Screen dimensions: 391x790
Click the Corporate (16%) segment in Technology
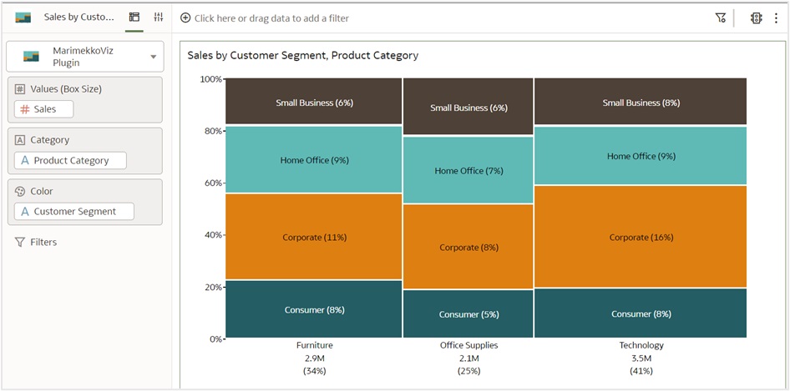(641, 237)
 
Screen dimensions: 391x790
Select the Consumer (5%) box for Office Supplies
(468, 314)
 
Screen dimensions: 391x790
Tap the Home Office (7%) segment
(468, 171)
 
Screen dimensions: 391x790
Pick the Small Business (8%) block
(641, 103)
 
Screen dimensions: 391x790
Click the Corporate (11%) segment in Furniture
(314, 237)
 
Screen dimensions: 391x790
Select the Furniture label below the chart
(314, 345)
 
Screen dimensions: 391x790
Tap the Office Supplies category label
(468, 345)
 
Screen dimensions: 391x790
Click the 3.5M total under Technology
(641, 358)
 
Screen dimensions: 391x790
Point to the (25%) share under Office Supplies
(468, 371)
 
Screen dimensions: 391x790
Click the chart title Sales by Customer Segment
(302, 56)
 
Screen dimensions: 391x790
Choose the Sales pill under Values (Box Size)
(44, 109)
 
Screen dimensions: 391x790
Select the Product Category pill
(71, 160)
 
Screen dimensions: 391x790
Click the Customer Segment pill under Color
(74, 212)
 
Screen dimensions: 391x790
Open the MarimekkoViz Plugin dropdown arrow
(153, 57)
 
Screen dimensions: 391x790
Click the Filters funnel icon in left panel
(19, 243)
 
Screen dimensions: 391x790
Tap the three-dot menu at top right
(776, 18)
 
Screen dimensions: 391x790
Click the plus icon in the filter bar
(185, 18)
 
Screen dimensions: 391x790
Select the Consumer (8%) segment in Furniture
(314, 310)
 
